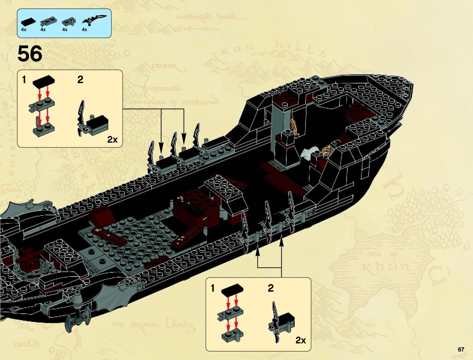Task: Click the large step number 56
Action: click(30, 54)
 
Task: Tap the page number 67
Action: click(461, 349)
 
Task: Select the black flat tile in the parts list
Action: click(28, 22)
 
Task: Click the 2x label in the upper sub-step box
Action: click(112, 139)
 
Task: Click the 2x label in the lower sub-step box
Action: click(300, 340)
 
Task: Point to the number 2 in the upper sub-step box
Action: click(80, 79)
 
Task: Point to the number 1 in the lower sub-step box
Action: click(213, 288)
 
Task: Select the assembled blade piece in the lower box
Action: click(281, 322)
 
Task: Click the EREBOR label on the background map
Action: click(164, 66)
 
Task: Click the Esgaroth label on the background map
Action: click(164, 89)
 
